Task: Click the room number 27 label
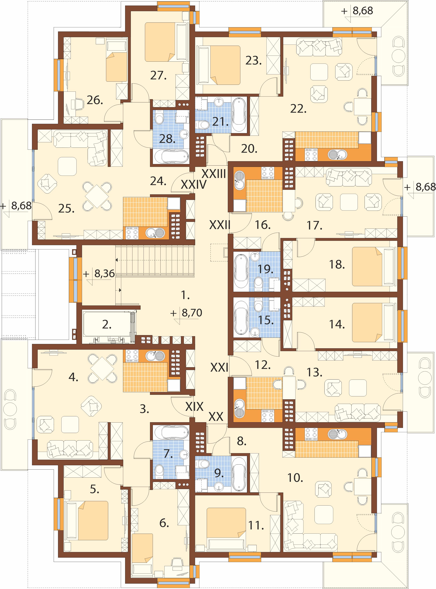tap(158, 76)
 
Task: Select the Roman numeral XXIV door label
tap(193, 185)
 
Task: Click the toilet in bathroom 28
tap(159, 119)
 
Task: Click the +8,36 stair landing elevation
tap(99, 274)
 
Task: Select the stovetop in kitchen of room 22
tap(311, 155)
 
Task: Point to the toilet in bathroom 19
tap(259, 282)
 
